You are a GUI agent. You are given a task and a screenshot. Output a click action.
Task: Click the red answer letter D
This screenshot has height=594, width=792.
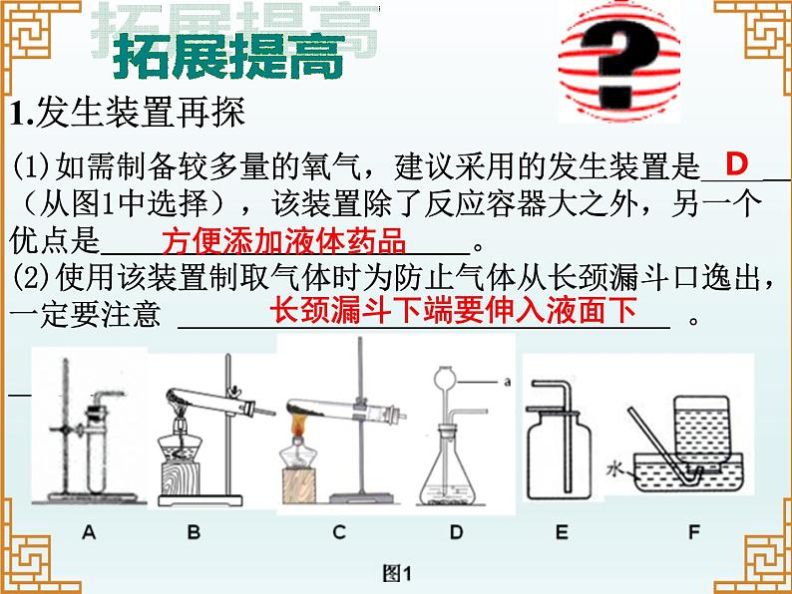coord(736,163)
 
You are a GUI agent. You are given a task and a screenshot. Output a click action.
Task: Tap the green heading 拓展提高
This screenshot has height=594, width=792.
coord(228,56)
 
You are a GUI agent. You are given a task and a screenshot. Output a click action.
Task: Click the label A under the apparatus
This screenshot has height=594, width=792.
coord(89,532)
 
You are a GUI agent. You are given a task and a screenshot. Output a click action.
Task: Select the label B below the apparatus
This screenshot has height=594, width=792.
coord(194,532)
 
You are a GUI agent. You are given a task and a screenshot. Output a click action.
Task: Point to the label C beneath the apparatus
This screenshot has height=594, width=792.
coord(339,532)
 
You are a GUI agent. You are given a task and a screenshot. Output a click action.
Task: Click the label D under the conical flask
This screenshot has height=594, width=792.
coord(456,532)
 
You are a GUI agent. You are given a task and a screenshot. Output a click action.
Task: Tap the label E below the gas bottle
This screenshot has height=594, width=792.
coord(562,532)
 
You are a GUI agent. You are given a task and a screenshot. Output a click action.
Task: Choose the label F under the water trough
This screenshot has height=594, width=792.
coord(694,532)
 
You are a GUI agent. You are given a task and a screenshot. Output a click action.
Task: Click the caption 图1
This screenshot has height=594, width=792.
coord(397,573)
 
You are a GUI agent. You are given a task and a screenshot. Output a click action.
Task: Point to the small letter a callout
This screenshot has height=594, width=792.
coord(507,382)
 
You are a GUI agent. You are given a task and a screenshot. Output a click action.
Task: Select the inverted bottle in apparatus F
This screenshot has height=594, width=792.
coord(701,432)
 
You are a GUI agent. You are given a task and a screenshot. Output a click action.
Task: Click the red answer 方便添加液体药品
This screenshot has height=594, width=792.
coord(284,241)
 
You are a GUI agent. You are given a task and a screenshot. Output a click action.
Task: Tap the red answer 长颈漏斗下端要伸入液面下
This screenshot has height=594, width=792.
coord(453,309)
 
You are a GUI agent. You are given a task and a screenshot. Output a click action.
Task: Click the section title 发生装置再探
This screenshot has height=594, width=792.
coord(141,112)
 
